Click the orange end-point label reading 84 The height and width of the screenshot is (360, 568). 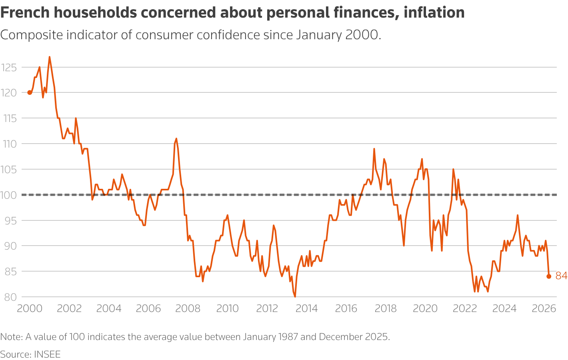pyautogui.click(x=561, y=276)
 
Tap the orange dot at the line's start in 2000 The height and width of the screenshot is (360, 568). pyautogui.click(x=30, y=92)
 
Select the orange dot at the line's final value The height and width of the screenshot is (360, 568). pyautogui.click(x=549, y=276)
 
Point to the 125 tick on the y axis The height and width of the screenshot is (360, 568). pyautogui.click(x=9, y=67)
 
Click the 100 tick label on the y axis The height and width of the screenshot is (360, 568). pyautogui.click(x=9, y=195)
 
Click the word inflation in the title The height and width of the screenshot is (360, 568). pyautogui.click(x=434, y=13)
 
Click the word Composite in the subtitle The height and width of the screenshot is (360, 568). pyautogui.click(x=32, y=35)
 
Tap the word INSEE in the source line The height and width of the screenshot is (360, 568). pyautogui.click(x=47, y=354)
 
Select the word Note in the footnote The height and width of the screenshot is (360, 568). pyautogui.click(x=11, y=337)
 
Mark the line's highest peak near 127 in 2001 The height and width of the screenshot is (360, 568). pyautogui.click(x=50, y=57)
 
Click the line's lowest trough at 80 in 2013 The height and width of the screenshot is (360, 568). pyautogui.click(x=295, y=296)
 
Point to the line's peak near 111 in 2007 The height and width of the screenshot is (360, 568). pyautogui.click(x=176, y=138)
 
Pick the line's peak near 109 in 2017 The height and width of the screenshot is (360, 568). pyautogui.click(x=374, y=149)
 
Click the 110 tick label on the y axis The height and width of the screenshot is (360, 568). pyautogui.click(x=9, y=144)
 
